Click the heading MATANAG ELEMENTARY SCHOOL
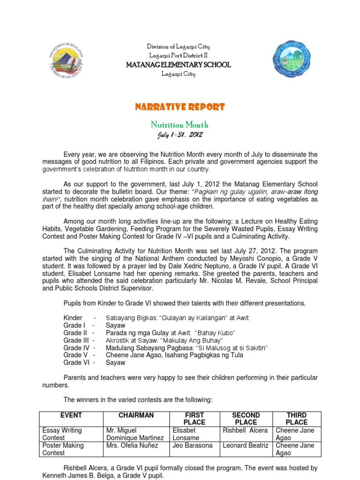[x=179, y=65]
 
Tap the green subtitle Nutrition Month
[x=179, y=125]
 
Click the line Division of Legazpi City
[x=179, y=46]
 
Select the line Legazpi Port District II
[x=179, y=55]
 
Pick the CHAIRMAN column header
[x=136, y=415]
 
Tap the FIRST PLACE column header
[x=194, y=419]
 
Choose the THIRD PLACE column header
[x=296, y=419]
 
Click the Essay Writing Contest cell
[x=62, y=434]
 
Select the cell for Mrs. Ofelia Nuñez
[x=130, y=445]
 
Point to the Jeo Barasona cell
[x=193, y=445]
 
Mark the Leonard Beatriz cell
[x=246, y=445]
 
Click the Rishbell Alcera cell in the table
[x=245, y=430]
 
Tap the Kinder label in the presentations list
[x=73, y=318]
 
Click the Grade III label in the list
[x=76, y=340]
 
